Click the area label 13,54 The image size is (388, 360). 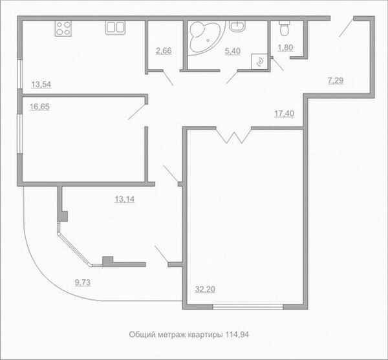click(x=41, y=84)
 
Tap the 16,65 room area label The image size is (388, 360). click(x=39, y=107)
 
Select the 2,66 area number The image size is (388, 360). click(x=164, y=50)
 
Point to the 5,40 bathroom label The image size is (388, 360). click(x=233, y=51)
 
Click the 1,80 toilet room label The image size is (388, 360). click(x=286, y=47)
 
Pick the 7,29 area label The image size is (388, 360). click(x=336, y=80)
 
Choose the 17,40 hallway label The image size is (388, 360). click(x=285, y=114)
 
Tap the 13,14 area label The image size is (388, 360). click(x=125, y=199)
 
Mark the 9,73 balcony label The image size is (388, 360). click(x=83, y=282)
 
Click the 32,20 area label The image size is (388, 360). click(x=205, y=289)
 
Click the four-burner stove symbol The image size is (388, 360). click(x=63, y=28)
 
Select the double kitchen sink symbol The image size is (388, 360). click(x=115, y=27)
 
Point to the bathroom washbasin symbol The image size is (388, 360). click(x=237, y=26)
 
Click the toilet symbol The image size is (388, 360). click(x=285, y=28)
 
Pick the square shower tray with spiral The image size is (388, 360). click(x=259, y=61)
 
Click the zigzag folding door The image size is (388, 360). click(x=233, y=136)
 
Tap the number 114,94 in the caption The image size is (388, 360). click(x=237, y=335)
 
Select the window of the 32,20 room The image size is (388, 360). click(x=248, y=307)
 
